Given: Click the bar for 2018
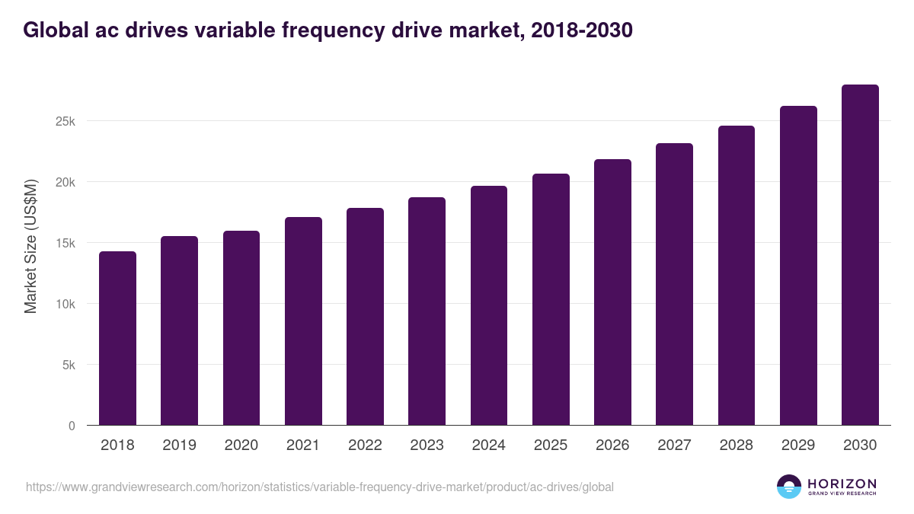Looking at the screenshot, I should coord(117,338).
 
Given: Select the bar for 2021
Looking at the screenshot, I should coord(303,321).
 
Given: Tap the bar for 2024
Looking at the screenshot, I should coord(489,305).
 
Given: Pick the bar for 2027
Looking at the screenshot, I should coord(674,284).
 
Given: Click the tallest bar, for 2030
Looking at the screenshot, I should coord(860,255).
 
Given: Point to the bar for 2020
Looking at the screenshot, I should coord(241,328).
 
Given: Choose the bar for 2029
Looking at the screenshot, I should coord(798,266).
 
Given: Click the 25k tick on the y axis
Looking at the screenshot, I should coord(65,122).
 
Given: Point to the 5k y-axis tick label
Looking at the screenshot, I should coord(68,366).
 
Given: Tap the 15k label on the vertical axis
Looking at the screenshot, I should coord(65,244).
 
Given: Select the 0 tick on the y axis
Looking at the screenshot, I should coord(72,426).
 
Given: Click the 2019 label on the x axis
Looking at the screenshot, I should coord(179,445).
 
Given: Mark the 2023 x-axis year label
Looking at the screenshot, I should coord(427,445).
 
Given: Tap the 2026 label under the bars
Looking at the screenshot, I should coord(612,445).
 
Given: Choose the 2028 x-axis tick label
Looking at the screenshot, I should coord(736,445).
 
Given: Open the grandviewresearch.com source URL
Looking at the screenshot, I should coord(319,487).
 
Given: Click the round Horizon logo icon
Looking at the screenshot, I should coord(789,487).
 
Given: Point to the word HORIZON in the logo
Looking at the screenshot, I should coord(842,484).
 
